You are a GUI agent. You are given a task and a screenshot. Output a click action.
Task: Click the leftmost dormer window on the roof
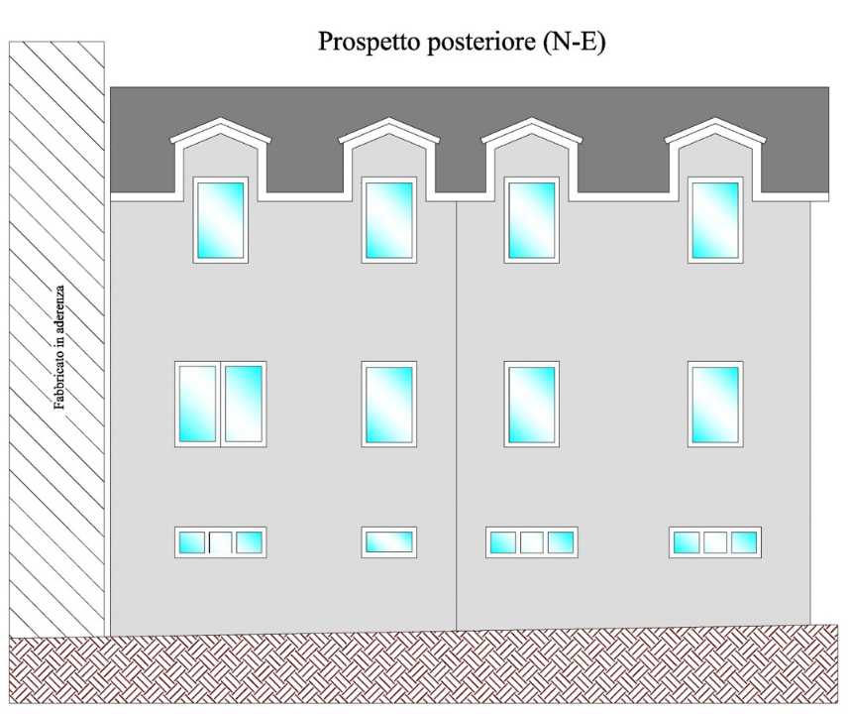pos(220,219)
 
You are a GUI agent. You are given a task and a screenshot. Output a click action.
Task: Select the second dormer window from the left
pos(388,219)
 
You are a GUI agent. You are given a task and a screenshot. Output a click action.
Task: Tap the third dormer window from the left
pos(532,219)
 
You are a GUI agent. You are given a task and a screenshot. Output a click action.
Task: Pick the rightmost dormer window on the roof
pos(715,219)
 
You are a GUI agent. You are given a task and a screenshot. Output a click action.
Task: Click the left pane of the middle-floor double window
pos(198,404)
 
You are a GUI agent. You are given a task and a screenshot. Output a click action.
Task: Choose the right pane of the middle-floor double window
pos(244,404)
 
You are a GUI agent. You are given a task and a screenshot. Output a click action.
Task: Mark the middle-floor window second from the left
pos(388,404)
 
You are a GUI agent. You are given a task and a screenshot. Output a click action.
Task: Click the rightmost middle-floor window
pos(715,404)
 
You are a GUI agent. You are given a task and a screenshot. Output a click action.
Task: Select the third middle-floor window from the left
pos(532,404)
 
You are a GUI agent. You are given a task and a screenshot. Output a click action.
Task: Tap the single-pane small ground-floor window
pos(388,541)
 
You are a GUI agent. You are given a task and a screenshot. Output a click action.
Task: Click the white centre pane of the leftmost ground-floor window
pos(221,541)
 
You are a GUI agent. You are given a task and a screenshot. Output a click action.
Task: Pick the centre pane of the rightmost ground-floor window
pos(715,541)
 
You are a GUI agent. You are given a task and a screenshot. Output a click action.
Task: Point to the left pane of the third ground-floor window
pos(503,541)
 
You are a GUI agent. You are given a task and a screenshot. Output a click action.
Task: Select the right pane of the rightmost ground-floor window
pos(744,541)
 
